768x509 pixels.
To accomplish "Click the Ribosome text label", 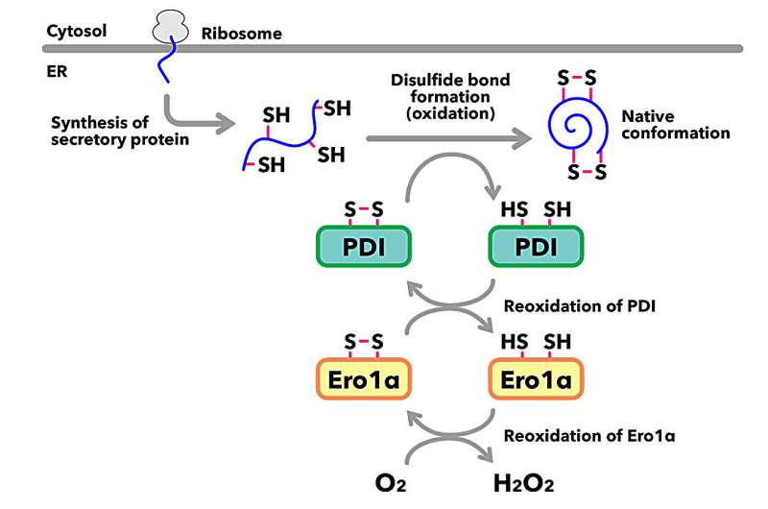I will [x=242, y=34].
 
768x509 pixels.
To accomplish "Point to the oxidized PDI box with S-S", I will [x=363, y=248].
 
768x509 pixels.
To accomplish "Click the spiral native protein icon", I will [x=576, y=128].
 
